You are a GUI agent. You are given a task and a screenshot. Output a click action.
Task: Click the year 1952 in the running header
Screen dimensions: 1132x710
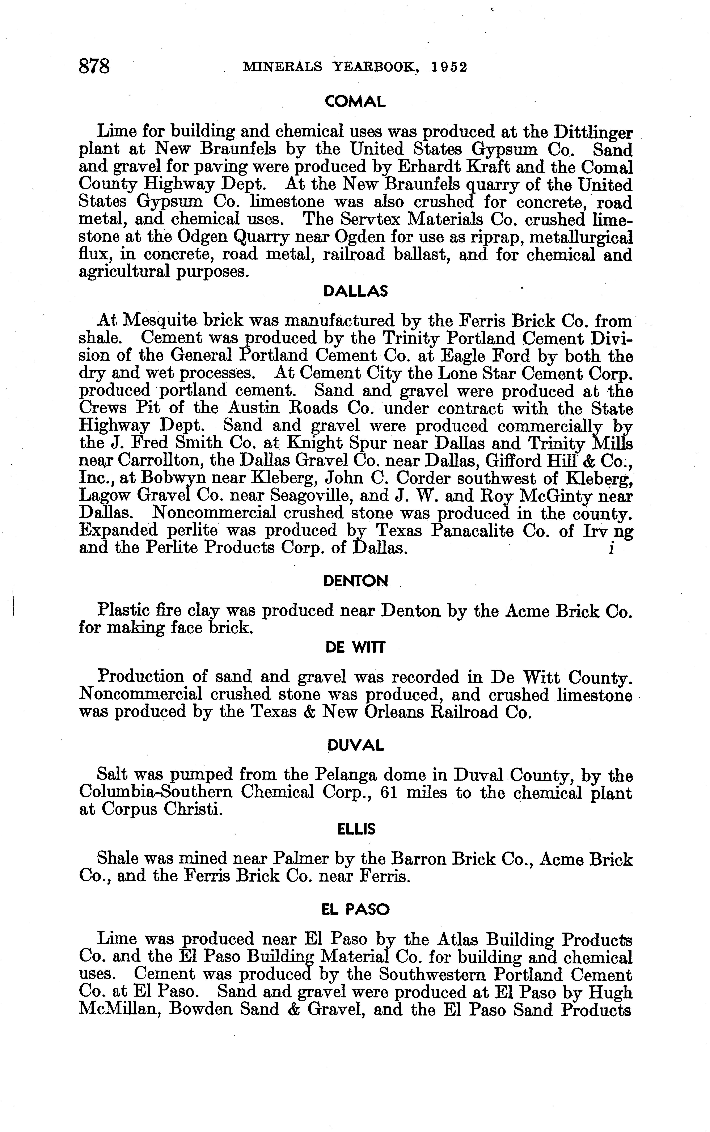pos(450,67)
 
